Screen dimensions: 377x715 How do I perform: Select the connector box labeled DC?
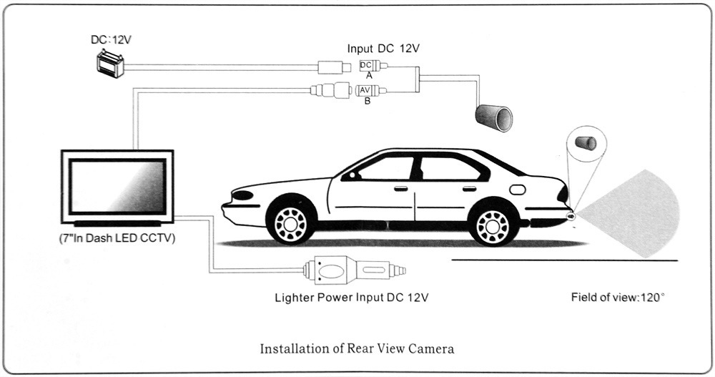click(x=366, y=66)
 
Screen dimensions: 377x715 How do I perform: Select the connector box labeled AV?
click(x=365, y=91)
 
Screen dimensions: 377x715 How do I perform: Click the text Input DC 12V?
click(x=383, y=49)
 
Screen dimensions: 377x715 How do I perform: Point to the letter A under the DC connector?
click(x=368, y=76)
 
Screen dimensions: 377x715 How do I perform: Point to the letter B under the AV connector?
click(x=368, y=102)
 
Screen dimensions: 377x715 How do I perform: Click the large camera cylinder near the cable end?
click(x=493, y=116)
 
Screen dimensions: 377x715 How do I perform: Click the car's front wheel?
click(x=290, y=224)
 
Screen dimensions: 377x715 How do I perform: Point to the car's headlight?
click(x=243, y=195)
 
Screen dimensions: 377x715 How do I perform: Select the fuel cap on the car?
click(x=517, y=190)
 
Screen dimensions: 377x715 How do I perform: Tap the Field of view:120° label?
click(x=618, y=296)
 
